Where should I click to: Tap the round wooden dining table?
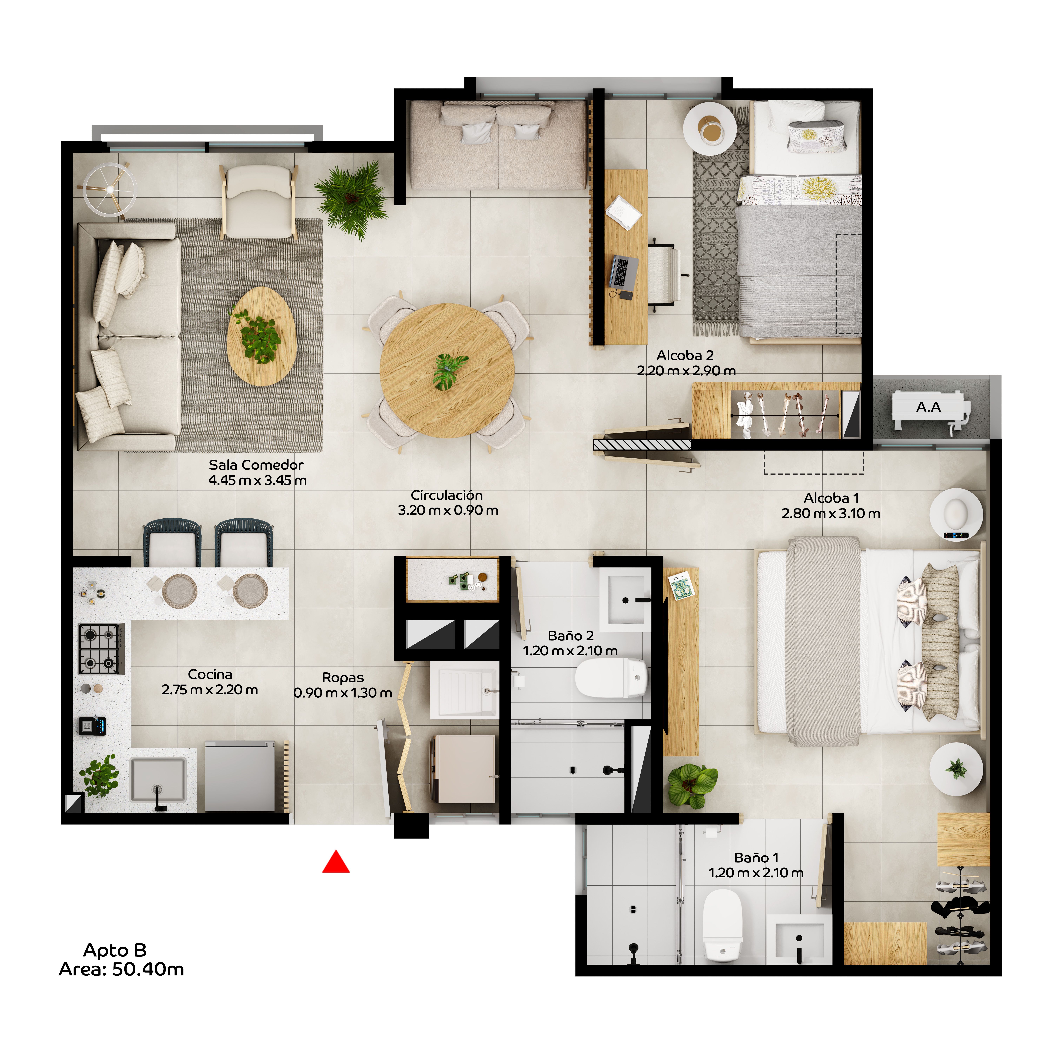tap(447, 371)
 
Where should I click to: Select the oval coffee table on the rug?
tap(262, 336)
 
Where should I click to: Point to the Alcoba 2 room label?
tap(685, 355)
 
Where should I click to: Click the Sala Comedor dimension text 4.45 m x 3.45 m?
tap(257, 480)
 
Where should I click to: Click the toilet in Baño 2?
tap(610, 677)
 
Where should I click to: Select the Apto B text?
tap(115, 950)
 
